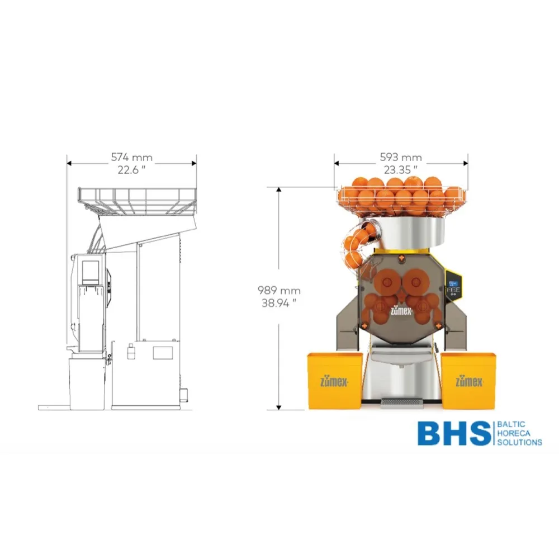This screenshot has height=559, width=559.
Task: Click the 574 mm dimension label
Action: [x=131, y=157]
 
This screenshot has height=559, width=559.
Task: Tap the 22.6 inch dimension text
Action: [x=131, y=170]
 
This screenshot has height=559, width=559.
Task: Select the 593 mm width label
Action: [x=401, y=157]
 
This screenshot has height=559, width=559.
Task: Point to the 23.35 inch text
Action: [x=401, y=170]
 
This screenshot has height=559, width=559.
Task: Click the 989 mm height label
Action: [x=279, y=291]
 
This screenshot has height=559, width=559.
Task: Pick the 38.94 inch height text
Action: [x=279, y=304]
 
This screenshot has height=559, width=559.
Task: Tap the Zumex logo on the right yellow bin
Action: [x=469, y=382]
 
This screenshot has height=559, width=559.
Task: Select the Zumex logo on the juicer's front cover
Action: [x=401, y=311]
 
